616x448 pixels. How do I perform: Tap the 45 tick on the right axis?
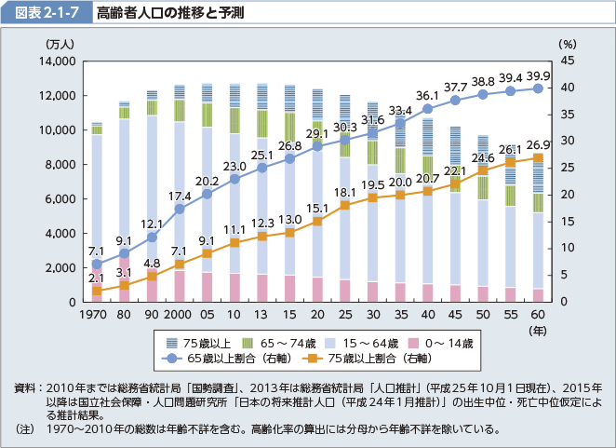[567, 61]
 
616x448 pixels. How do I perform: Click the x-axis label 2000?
[180, 317]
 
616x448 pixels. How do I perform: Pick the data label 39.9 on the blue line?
[539, 76]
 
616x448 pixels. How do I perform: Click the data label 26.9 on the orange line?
[539, 145]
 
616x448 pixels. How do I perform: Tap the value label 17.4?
[180, 197]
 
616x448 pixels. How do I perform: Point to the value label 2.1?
[97, 278]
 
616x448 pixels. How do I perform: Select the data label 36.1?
[427, 96]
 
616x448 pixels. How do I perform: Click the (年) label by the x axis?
[540, 330]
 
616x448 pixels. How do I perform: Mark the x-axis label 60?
[539, 317]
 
